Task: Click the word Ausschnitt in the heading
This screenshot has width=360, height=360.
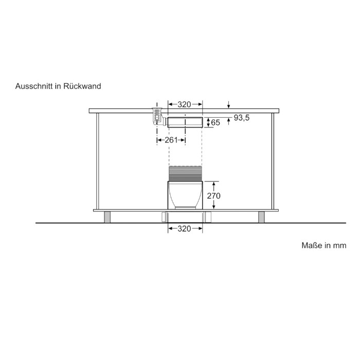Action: pyautogui.click(x=34, y=86)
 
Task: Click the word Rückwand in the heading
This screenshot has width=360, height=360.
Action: pyautogui.click(x=82, y=86)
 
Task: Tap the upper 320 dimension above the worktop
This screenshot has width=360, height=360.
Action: pyautogui.click(x=184, y=104)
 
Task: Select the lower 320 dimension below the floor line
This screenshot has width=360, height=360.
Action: pyautogui.click(x=184, y=229)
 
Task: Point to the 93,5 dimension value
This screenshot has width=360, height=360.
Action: pyautogui.click(x=242, y=118)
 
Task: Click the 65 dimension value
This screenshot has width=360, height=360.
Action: pyautogui.click(x=215, y=122)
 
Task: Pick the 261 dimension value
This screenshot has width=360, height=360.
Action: pyautogui.click(x=171, y=140)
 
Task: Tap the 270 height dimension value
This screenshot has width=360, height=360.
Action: pyautogui.click(x=213, y=196)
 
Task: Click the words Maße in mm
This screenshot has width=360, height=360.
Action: pyautogui.click(x=323, y=245)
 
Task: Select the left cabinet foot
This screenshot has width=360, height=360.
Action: pyautogui.click(x=107, y=217)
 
